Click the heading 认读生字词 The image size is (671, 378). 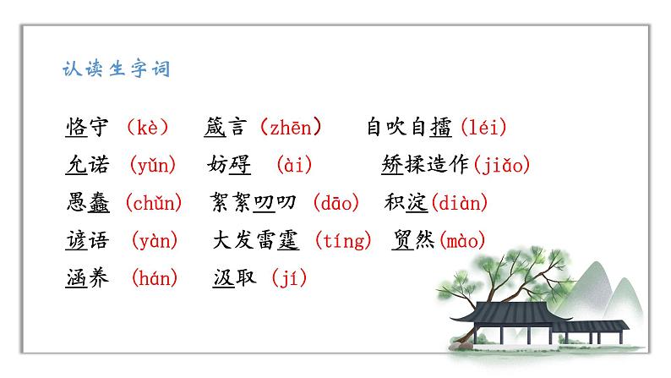pyautogui.click(x=117, y=68)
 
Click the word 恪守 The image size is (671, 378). pyautogui.click(x=86, y=128)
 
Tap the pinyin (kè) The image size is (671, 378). pyautogui.click(x=147, y=128)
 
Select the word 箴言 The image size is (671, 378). pyautogui.click(x=226, y=128)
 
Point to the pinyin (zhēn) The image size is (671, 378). pyautogui.click(x=291, y=128)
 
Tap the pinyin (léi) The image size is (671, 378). pyautogui.click(x=484, y=128)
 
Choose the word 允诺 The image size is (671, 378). pyautogui.click(x=86, y=166)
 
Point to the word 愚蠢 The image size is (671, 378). pyautogui.click(x=86, y=203)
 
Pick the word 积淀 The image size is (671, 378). pyautogui.click(x=407, y=203)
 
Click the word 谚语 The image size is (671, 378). pyautogui.click(x=86, y=241)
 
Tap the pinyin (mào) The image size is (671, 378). pyautogui.click(x=461, y=241)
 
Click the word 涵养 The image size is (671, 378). pyautogui.click(x=86, y=277)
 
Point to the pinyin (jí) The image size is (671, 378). pyautogui.click(x=289, y=277)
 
